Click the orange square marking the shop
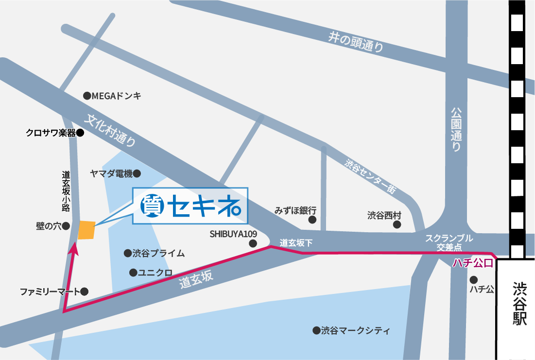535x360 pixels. point(86,230)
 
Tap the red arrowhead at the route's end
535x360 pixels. point(74,249)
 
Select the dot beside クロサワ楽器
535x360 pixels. point(81,132)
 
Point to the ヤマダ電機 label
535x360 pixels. point(111,173)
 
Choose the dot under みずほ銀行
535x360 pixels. point(312,220)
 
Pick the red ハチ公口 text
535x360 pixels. point(473,263)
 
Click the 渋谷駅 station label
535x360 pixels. point(519,305)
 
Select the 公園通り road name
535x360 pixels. point(455,130)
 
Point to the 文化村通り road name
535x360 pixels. point(111,130)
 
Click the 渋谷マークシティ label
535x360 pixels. point(355,331)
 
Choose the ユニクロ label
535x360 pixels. point(155,273)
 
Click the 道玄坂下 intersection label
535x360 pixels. point(296,242)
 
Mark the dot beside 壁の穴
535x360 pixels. point(66,226)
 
